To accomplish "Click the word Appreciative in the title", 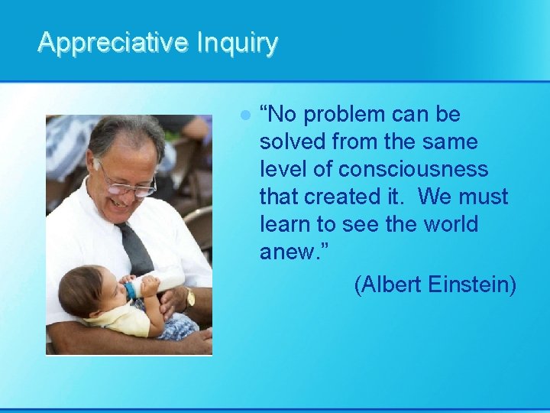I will pyautogui.click(x=113, y=42).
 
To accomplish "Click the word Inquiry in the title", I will pyautogui.click(x=237, y=42).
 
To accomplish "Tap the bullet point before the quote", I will pyautogui.click(x=244, y=115).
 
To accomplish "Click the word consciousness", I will pyautogui.click(x=413, y=170).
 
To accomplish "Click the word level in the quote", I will pyautogui.click(x=280, y=170).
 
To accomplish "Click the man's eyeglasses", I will pyautogui.click(x=126, y=183).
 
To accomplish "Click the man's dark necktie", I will pyautogui.click(x=135, y=249).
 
